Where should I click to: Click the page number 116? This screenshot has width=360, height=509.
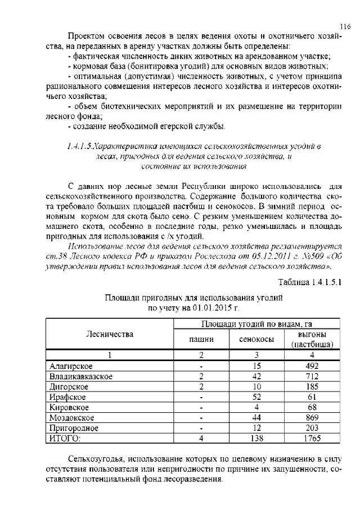[x=345, y=25]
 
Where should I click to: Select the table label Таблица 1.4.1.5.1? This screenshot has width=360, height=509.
[x=310, y=282]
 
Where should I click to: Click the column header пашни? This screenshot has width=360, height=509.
[x=201, y=340]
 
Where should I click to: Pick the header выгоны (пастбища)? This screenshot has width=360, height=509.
[x=312, y=339]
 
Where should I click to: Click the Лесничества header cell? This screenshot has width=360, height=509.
[x=109, y=334]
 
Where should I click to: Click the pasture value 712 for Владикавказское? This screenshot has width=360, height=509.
[x=312, y=376]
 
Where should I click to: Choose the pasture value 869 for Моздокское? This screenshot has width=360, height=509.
[x=312, y=418]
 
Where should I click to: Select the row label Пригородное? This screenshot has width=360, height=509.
[x=74, y=428]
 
